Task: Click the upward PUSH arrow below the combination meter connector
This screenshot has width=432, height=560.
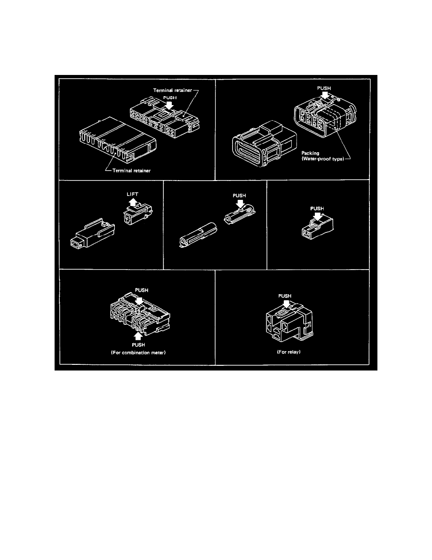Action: click(138, 336)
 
